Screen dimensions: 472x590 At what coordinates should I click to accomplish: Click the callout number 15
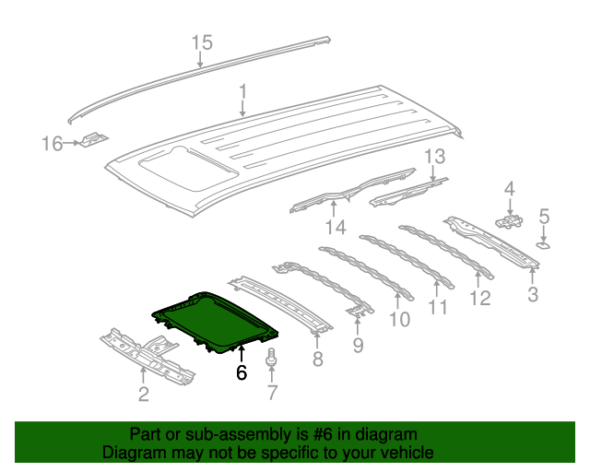(201, 41)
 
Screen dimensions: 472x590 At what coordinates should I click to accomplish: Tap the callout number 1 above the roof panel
(242, 92)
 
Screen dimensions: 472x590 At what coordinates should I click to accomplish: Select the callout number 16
(51, 143)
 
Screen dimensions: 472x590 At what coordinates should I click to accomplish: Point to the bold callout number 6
(242, 372)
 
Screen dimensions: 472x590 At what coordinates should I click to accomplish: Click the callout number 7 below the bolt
(272, 395)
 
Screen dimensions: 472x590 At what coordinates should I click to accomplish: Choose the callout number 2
(143, 395)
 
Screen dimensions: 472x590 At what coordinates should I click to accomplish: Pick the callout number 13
(434, 157)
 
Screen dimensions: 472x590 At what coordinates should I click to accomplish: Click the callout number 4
(509, 190)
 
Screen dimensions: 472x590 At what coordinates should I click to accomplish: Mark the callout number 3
(532, 295)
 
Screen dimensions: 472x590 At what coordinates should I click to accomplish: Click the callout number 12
(479, 298)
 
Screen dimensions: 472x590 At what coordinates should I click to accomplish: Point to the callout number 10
(398, 320)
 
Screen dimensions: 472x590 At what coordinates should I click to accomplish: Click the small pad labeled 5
(544, 246)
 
